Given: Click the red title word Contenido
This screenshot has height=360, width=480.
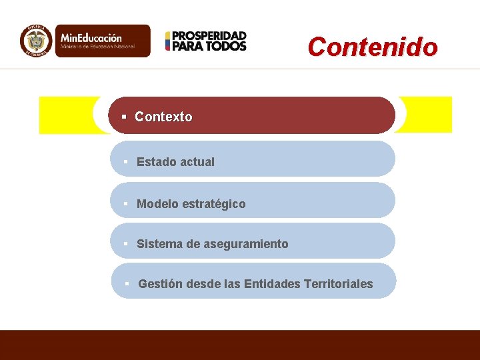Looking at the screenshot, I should [x=373, y=47].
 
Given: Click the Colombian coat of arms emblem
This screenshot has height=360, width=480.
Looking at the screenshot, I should [x=35, y=40].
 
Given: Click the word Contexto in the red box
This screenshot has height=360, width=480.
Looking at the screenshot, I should [x=163, y=117].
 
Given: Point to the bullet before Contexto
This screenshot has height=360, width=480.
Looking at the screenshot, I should [x=124, y=117].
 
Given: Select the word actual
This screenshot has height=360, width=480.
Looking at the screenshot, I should [x=197, y=162].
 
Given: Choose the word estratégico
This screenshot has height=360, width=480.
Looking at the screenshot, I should [x=213, y=204].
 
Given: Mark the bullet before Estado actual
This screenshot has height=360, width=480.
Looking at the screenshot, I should [x=125, y=162].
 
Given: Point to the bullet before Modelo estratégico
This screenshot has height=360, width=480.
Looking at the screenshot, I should [x=125, y=204].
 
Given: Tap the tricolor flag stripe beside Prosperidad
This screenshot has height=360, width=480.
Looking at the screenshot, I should [x=168, y=41].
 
